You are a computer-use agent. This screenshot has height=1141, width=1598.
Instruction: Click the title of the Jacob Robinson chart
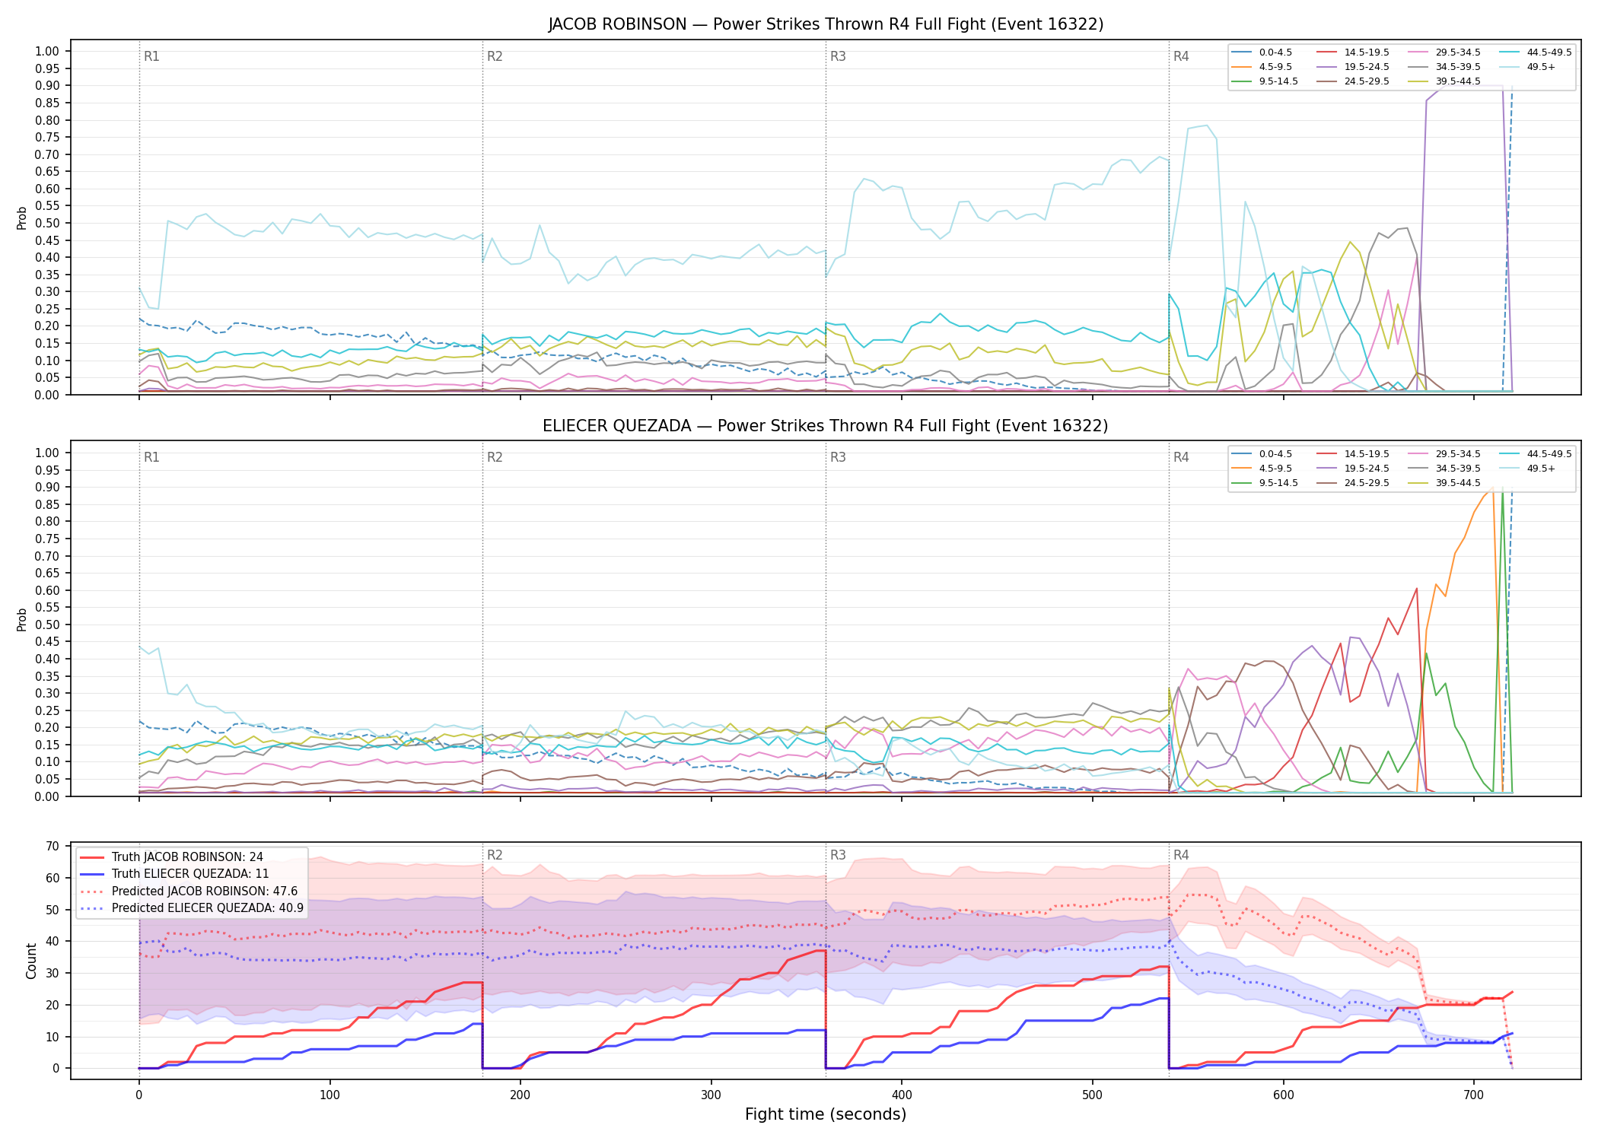click(x=826, y=24)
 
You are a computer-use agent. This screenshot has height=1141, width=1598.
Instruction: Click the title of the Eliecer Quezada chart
click(x=826, y=426)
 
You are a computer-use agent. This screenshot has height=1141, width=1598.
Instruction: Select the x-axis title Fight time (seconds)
click(x=826, y=1114)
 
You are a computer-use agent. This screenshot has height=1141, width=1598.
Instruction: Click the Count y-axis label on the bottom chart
click(x=31, y=961)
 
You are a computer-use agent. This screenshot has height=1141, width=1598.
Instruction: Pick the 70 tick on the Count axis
click(x=53, y=846)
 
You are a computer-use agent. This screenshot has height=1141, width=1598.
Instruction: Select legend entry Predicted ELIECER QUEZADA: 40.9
click(x=192, y=908)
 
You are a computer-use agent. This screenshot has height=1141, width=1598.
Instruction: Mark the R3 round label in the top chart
click(x=838, y=56)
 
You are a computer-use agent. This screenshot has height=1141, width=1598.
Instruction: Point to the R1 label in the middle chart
click(x=151, y=457)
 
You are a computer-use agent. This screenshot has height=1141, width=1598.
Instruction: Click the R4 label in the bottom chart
click(x=1181, y=855)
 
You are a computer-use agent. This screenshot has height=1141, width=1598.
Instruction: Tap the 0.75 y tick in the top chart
click(x=46, y=137)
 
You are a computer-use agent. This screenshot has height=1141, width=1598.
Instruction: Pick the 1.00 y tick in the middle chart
click(x=46, y=453)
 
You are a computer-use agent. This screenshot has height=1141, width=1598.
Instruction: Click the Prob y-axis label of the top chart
click(x=22, y=218)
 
